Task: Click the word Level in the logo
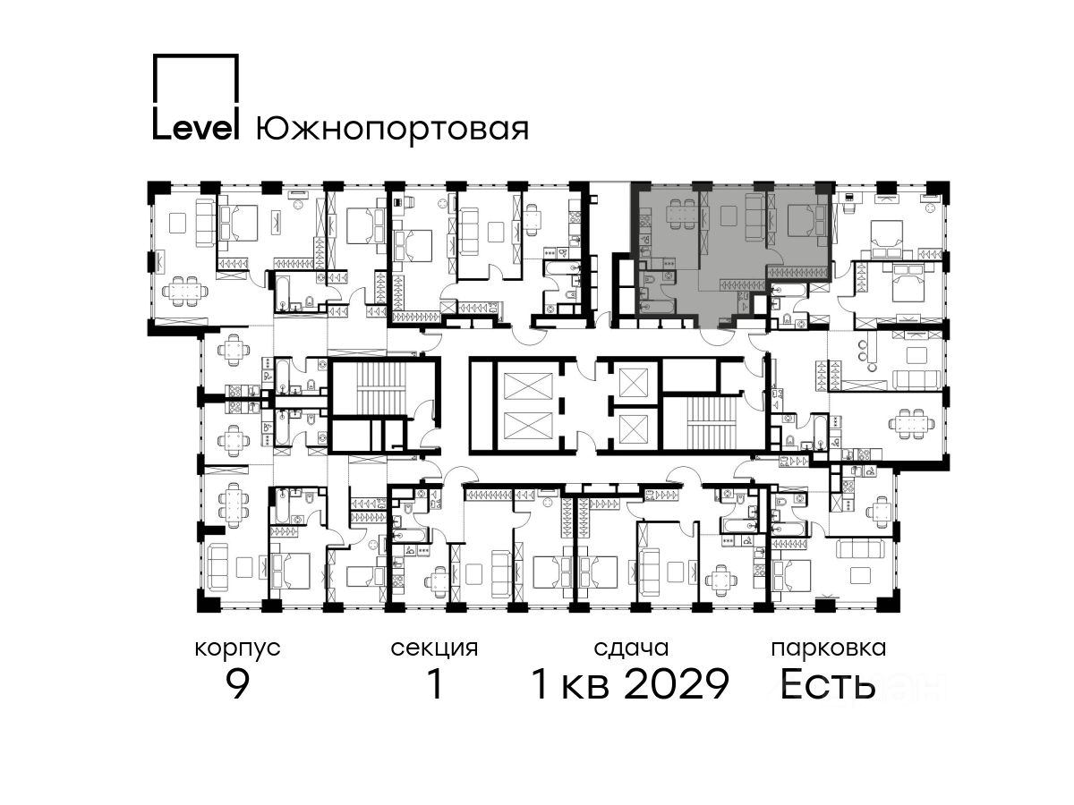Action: point(195,128)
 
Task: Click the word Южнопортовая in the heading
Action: point(392,129)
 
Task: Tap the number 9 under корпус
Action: point(238,683)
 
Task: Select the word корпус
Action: point(238,649)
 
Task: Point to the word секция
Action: point(434,649)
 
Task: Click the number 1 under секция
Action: point(435,683)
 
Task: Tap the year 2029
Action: point(678,683)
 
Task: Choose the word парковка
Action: point(829,648)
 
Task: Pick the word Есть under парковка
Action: point(827,683)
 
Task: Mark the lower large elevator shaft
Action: point(528,425)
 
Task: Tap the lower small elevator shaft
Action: point(634,429)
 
